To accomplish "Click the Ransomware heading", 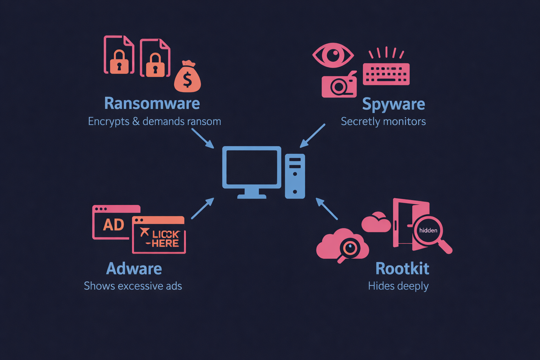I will [x=152, y=103].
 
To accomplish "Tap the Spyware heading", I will [x=393, y=104].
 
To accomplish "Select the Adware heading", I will [x=134, y=269].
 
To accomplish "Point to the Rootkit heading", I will [x=402, y=269].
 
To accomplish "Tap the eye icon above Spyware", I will [x=333, y=55].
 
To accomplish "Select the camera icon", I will [x=339, y=85].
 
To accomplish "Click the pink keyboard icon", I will [x=386, y=74].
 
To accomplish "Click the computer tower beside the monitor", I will [x=295, y=176].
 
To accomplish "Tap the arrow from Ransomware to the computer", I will [x=203, y=138].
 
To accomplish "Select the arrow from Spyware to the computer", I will [x=312, y=136].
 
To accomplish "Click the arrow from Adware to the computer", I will [x=202, y=208].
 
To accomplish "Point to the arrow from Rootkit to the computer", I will [x=327, y=209].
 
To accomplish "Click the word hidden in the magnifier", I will [x=428, y=230].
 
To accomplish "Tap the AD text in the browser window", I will [x=113, y=225].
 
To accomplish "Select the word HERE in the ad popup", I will [x=165, y=243].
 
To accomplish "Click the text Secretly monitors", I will [x=383, y=121].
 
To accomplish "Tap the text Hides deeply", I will [x=398, y=286].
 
